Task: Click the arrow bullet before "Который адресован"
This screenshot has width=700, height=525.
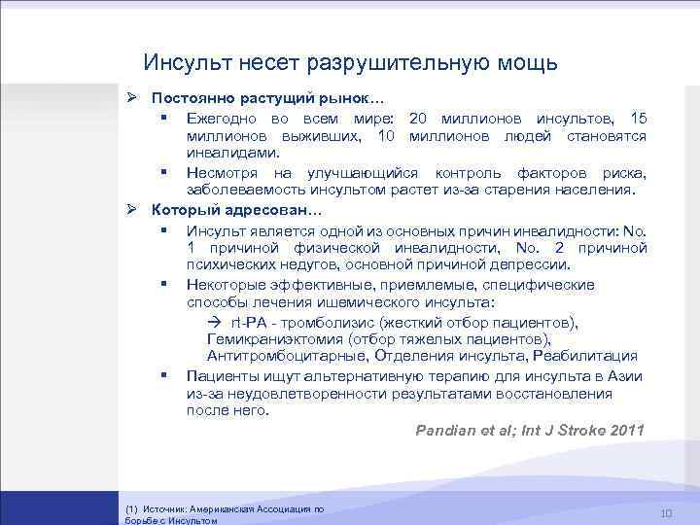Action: click(x=134, y=210)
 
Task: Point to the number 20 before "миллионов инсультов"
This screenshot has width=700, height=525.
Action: click(x=419, y=119)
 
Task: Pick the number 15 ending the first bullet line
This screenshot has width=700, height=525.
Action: click(x=637, y=119)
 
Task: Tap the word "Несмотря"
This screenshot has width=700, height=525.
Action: click(x=221, y=172)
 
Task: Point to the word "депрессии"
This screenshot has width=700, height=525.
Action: click(x=537, y=264)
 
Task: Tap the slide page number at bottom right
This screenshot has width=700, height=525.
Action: click(x=666, y=513)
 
